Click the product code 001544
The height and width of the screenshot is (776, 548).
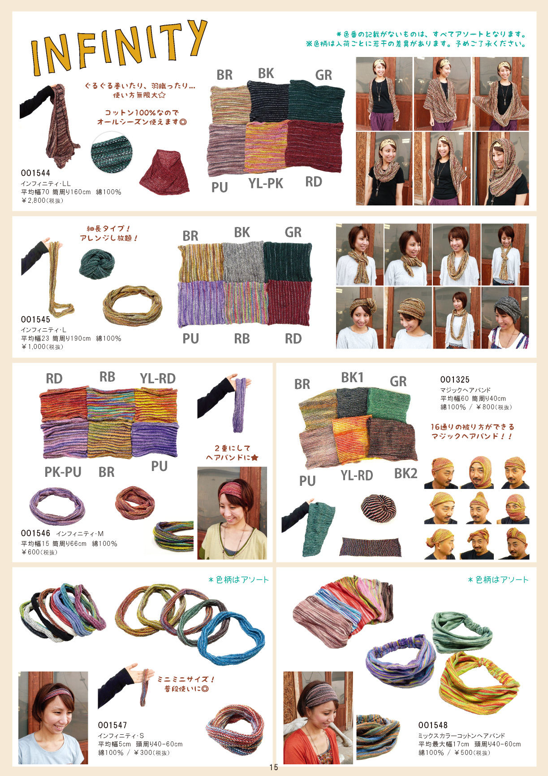coord(35,173)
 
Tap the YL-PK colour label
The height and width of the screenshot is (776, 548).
coord(266,183)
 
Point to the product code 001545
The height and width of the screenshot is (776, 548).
coord(35,319)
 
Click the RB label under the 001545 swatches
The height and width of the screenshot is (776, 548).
coord(242,339)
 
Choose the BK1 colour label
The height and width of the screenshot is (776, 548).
coord(352,377)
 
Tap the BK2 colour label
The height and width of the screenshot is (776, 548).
coord(406,473)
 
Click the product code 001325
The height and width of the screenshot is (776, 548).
coord(455,379)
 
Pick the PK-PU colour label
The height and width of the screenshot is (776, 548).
coord(63,472)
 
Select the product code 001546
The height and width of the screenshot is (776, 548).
coord(35,533)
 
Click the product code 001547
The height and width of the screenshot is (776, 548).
coord(112,725)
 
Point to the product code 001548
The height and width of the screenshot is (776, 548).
coord(433,725)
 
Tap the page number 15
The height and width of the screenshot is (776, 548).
coord(274,767)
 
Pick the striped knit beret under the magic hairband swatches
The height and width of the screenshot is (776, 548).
coord(379,508)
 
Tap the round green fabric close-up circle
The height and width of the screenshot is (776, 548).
coord(112,152)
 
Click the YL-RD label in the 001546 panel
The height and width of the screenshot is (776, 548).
coord(158,379)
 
